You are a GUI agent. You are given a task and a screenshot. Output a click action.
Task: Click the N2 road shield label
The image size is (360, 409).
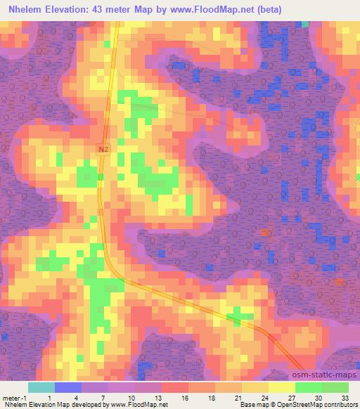(x=103, y=149)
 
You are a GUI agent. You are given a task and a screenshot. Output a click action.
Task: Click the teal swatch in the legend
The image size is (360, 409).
(x=41, y=387)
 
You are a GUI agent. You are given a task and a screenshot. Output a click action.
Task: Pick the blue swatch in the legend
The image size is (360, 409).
(x=68, y=387)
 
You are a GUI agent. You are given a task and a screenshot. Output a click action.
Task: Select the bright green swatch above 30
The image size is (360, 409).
(x=309, y=387)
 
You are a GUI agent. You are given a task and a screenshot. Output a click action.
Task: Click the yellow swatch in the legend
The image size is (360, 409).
(x=282, y=387)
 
